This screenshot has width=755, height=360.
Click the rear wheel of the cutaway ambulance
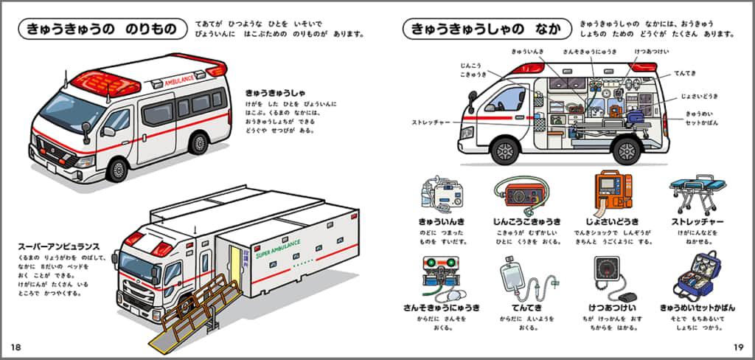tap(625, 150)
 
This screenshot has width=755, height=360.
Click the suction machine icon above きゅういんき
tap(442, 195)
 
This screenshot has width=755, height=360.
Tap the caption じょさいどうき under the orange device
tap(607, 222)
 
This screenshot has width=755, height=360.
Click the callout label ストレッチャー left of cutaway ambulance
tap(431, 122)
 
